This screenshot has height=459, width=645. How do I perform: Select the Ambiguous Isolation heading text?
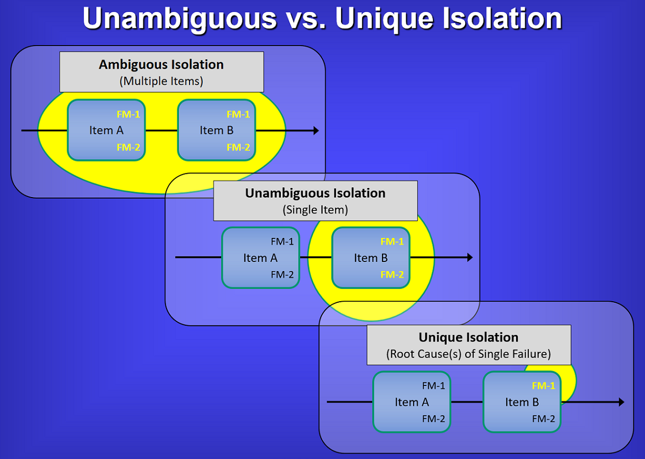[x=161, y=64]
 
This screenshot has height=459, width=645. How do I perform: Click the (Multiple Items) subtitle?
[x=161, y=81]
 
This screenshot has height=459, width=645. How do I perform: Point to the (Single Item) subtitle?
[x=315, y=210]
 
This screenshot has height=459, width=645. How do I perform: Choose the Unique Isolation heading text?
[x=468, y=337]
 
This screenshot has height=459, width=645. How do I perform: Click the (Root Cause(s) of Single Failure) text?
[x=468, y=354]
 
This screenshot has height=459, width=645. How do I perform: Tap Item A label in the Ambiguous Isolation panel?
[x=106, y=130]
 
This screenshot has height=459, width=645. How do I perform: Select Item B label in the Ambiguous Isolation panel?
[x=216, y=130]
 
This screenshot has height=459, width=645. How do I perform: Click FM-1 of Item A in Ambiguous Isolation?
[x=128, y=114]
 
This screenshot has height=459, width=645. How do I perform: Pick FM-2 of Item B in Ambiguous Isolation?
[x=238, y=147]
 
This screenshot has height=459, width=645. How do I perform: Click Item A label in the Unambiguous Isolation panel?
[x=260, y=258]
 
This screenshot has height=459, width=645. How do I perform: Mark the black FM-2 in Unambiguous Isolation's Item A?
[x=282, y=274]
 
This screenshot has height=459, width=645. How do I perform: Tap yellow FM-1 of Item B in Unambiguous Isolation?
[x=392, y=242]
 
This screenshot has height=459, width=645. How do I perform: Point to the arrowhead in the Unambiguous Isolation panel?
[x=470, y=257]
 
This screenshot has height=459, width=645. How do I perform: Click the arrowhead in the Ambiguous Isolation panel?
[x=316, y=130]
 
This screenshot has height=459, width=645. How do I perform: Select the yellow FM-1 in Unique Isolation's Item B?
[x=543, y=385]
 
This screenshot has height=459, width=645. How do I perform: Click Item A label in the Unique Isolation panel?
[x=412, y=402]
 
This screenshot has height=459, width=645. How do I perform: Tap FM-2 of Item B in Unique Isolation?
[x=543, y=419]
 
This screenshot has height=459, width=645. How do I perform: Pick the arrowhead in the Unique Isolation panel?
[x=622, y=402]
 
